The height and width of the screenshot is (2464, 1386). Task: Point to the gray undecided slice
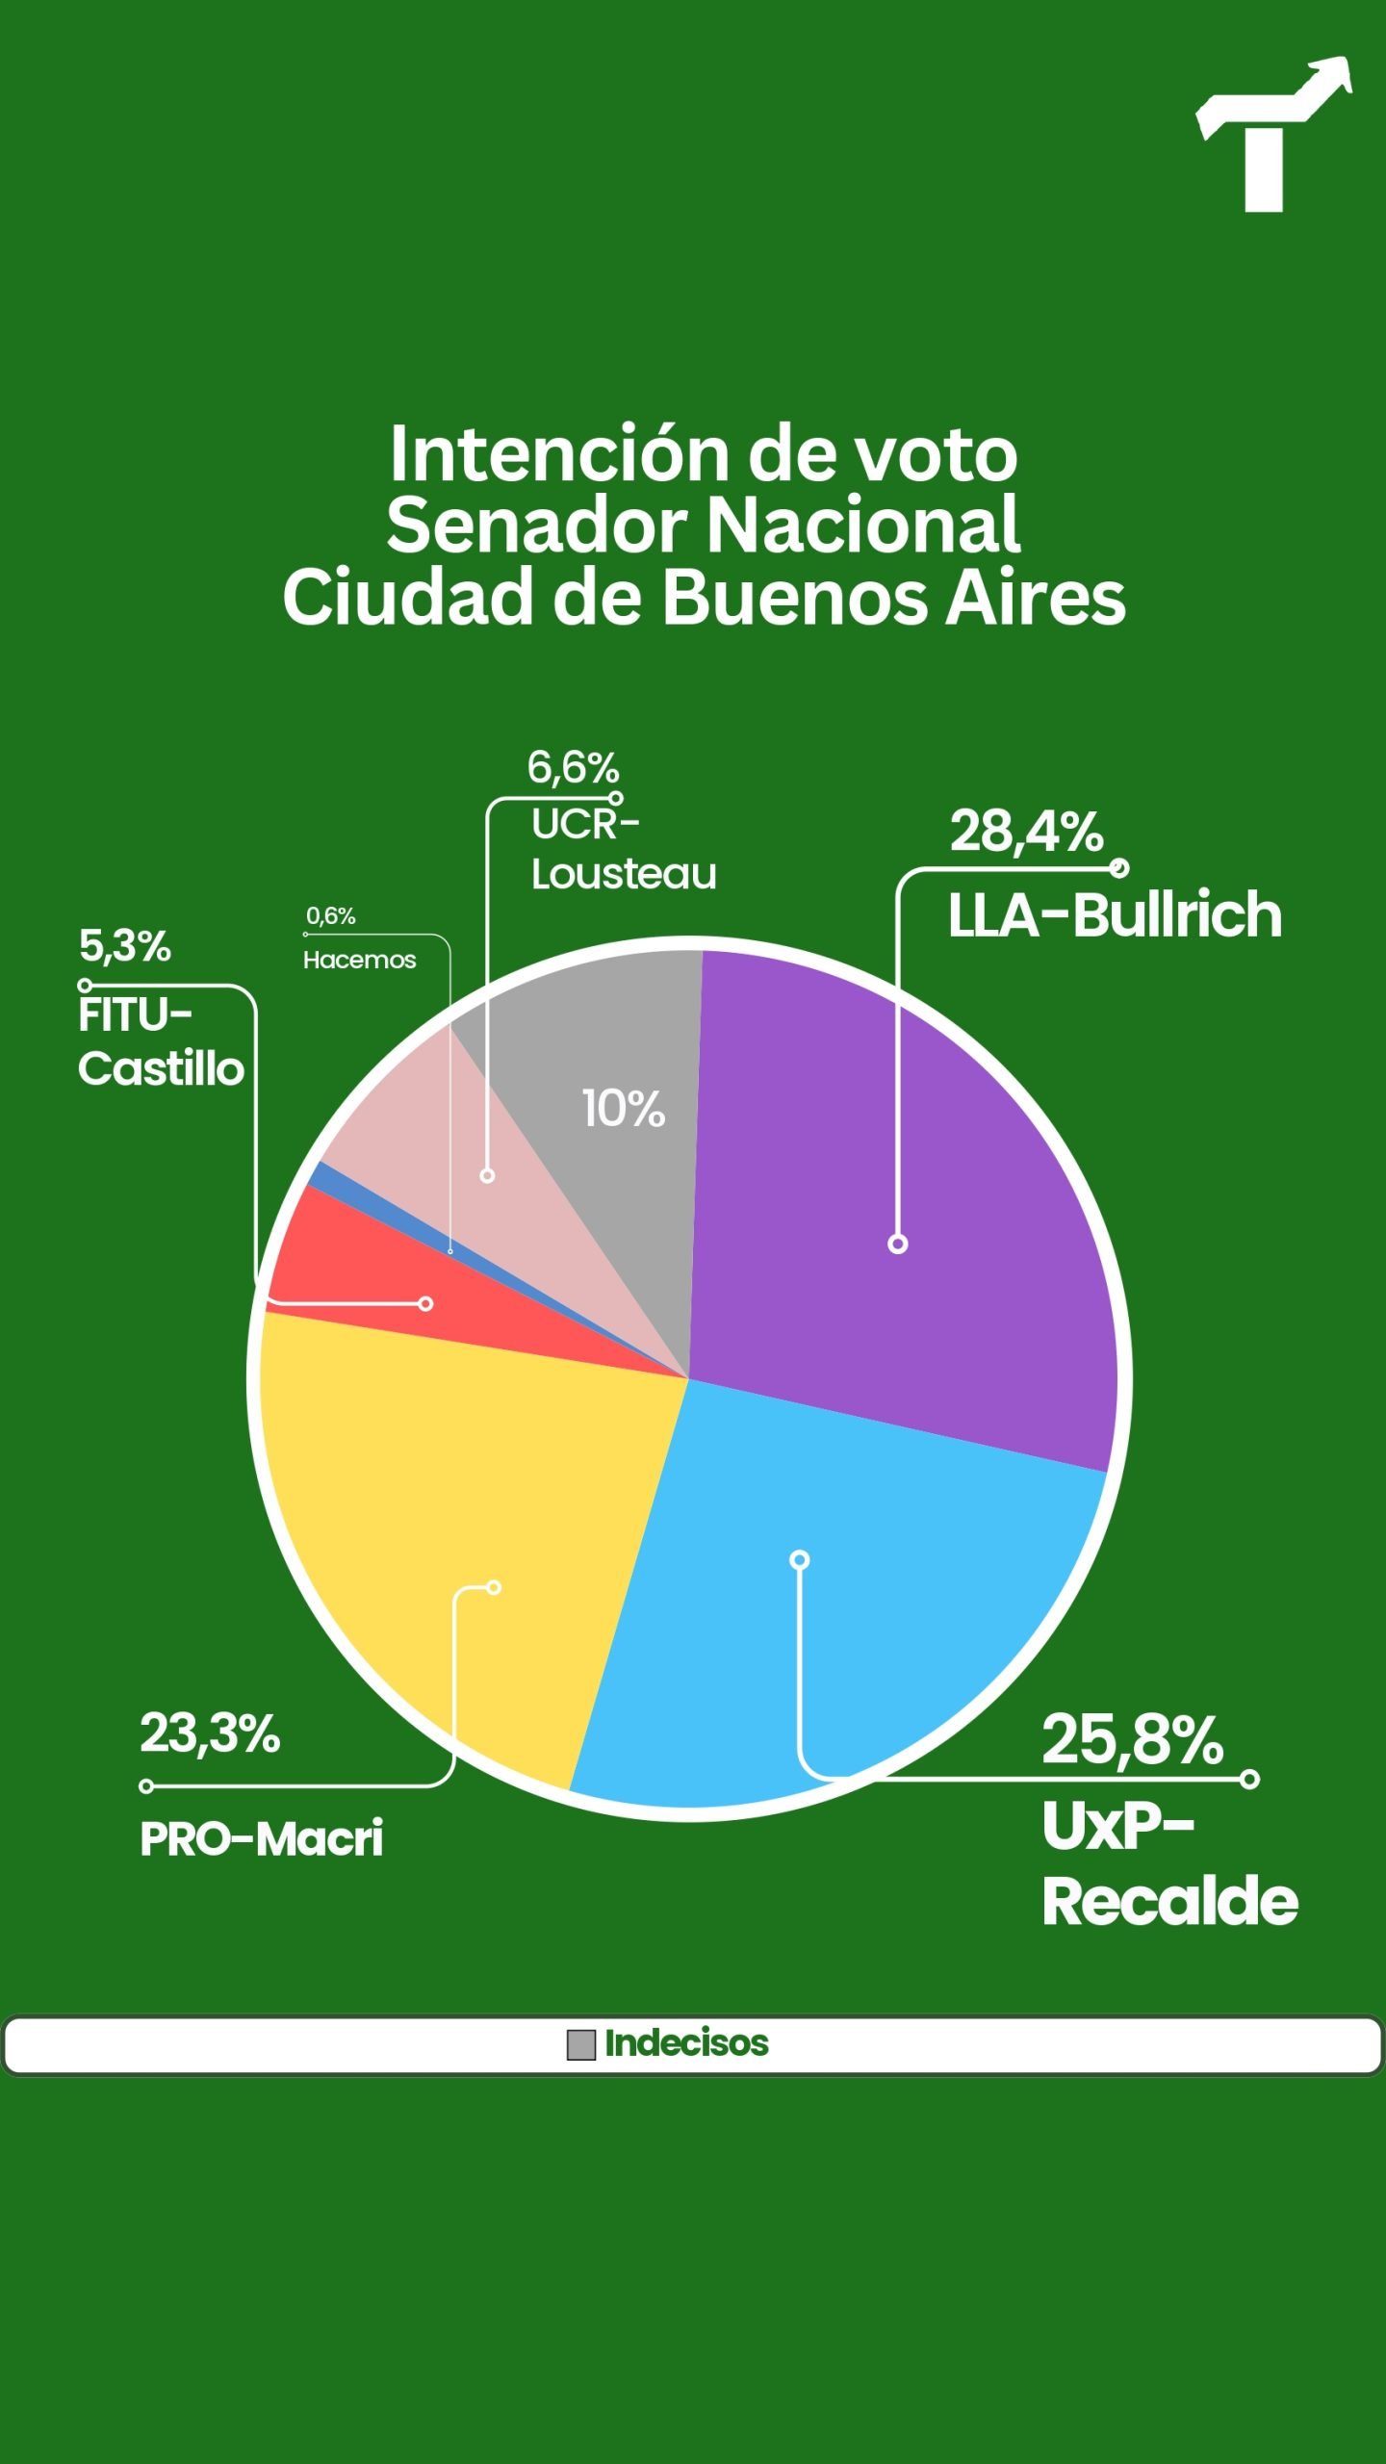pos(616,1039)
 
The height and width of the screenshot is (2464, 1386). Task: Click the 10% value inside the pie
pos(623,1109)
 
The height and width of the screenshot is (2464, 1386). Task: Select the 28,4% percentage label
pos(1026,831)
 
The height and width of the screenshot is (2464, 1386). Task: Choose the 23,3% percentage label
pos(210,1733)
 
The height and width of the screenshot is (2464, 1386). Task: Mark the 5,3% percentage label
pos(125,946)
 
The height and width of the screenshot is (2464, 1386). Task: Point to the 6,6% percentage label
pos(573,767)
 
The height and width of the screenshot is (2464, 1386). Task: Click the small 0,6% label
pos(331,915)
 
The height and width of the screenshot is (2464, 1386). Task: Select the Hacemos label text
pos(359,960)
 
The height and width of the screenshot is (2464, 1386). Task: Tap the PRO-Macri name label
pos(262,1838)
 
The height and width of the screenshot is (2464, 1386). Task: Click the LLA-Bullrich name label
pos(1115,914)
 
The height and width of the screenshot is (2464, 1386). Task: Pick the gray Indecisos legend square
pos(581,2044)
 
